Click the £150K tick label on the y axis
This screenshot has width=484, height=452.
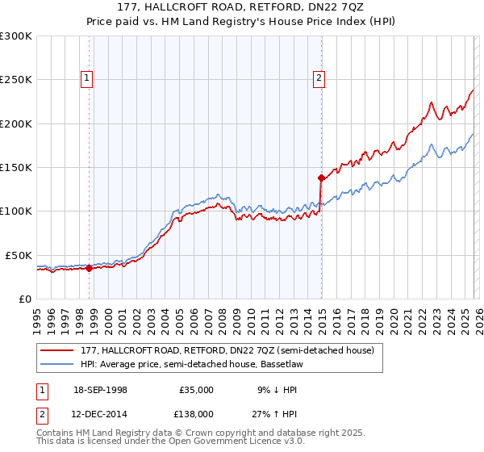(16, 168)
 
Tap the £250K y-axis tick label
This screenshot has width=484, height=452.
(16, 80)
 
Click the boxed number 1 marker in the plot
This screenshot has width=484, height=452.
(86, 78)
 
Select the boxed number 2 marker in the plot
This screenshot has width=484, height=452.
(319, 78)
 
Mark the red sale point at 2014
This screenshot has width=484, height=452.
(321, 177)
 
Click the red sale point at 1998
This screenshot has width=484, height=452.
(89, 268)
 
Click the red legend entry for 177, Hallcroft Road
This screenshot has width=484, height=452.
(227, 351)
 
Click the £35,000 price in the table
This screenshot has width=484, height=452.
(196, 390)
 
